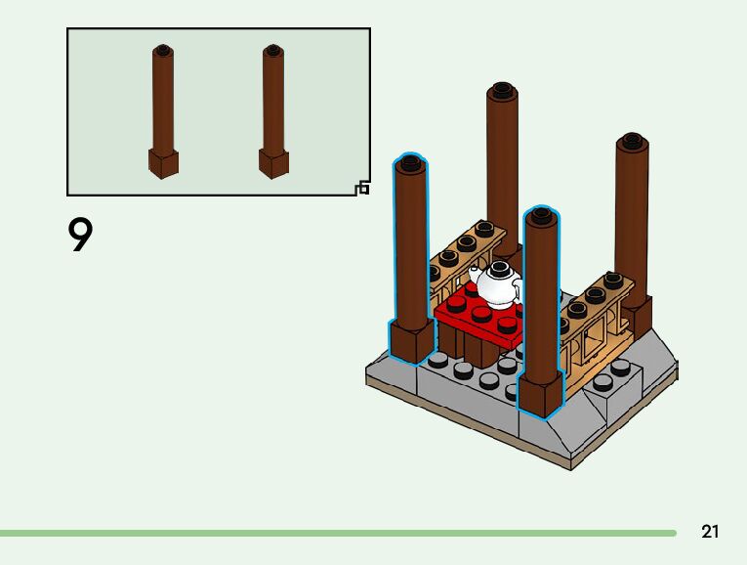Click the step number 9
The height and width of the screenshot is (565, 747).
tap(80, 236)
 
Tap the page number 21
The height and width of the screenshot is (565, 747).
tap(710, 532)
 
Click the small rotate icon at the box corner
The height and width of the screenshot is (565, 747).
tap(363, 187)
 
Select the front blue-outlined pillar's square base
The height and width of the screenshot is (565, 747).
tap(541, 395)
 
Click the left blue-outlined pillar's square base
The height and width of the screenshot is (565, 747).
tap(411, 341)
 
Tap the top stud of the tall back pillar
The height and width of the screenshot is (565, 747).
tap(503, 91)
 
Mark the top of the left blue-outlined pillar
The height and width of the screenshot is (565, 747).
tap(410, 163)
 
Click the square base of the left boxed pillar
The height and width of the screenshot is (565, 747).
tap(163, 163)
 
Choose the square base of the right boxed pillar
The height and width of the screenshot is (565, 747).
tap(273, 163)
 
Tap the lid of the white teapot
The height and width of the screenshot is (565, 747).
tap(500, 267)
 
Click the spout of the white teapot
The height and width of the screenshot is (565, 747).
tap(476, 273)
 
